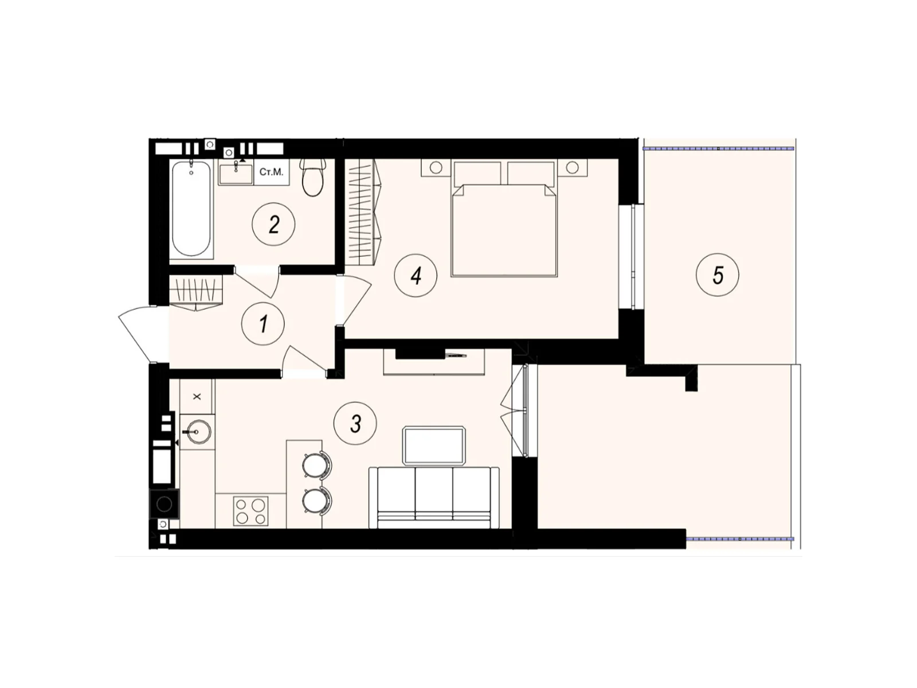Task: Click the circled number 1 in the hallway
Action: (x=263, y=324)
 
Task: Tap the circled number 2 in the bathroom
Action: (x=274, y=224)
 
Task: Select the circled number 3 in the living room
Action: (x=355, y=424)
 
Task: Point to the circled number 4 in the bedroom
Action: (x=416, y=276)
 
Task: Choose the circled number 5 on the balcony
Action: (x=718, y=275)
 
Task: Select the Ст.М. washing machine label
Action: (x=271, y=172)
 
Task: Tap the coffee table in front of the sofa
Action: (x=434, y=445)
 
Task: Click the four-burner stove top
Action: (x=251, y=511)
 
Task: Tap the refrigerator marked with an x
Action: (x=197, y=396)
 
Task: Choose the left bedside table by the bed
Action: (x=436, y=167)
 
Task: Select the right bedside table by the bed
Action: (x=572, y=167)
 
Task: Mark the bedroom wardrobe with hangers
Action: (x=364, y=212)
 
